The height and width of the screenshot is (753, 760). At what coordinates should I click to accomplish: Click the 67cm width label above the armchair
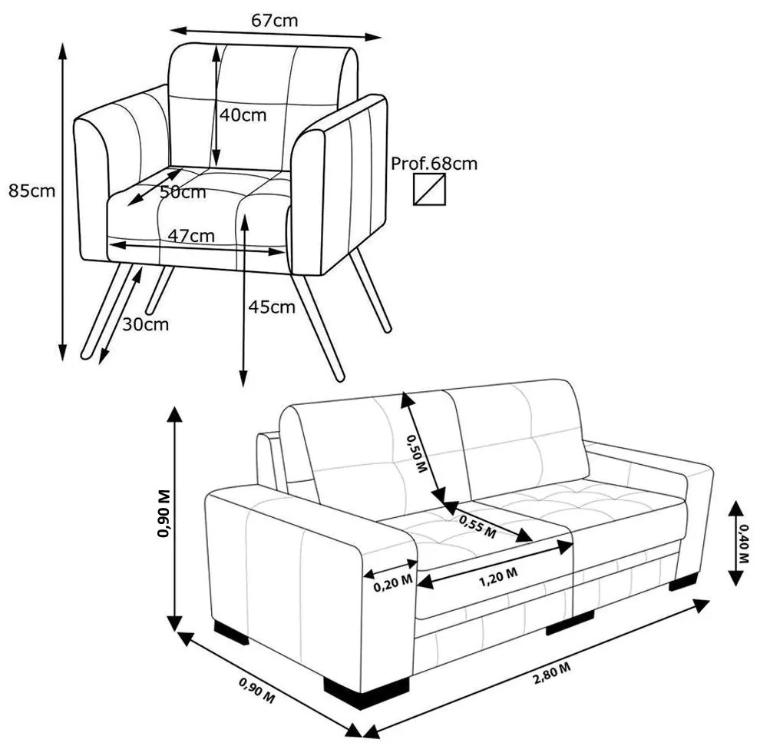(x=274, y=21)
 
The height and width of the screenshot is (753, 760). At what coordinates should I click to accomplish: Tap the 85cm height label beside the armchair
(x=31, y=191)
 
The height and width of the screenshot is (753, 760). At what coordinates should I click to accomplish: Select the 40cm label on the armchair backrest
(x=243, y=115)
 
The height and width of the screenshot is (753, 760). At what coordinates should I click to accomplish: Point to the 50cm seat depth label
(x=183, y=192)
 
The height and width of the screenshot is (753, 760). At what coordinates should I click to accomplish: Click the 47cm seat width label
(x=191, y=236)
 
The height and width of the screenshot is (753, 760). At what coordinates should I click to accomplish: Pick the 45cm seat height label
(x=271, y=307)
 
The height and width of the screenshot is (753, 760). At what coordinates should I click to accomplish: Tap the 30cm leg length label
(x=145, y=324)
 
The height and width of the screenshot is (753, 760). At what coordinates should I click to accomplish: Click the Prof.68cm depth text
(x=434, y=164)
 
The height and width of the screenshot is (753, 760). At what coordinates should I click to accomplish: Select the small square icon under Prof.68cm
(x=430, y=189)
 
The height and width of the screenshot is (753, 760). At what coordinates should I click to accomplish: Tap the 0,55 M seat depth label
(x=477, y=525)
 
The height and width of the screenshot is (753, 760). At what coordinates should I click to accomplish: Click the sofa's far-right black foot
(x=684, y=582)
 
